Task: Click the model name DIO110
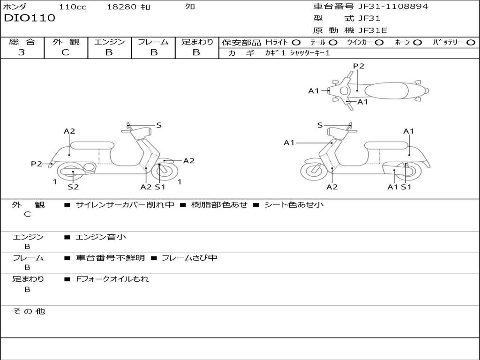point(30,18)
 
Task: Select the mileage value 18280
point(121,7)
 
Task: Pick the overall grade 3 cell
point(22,52)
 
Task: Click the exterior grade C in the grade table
point(66,52)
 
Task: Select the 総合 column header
point(22,42)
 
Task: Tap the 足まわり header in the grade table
point(197,42)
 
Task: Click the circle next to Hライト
point(296,43)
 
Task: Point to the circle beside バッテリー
point(471,43)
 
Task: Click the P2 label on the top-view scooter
point(359,66)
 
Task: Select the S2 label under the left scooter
point(73,187)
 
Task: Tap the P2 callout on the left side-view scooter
point(37,164)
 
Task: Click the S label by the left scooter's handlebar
point(159,125)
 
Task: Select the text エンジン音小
point(101,237)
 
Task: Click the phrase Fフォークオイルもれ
point(112,279)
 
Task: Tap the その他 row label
point(29,311)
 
